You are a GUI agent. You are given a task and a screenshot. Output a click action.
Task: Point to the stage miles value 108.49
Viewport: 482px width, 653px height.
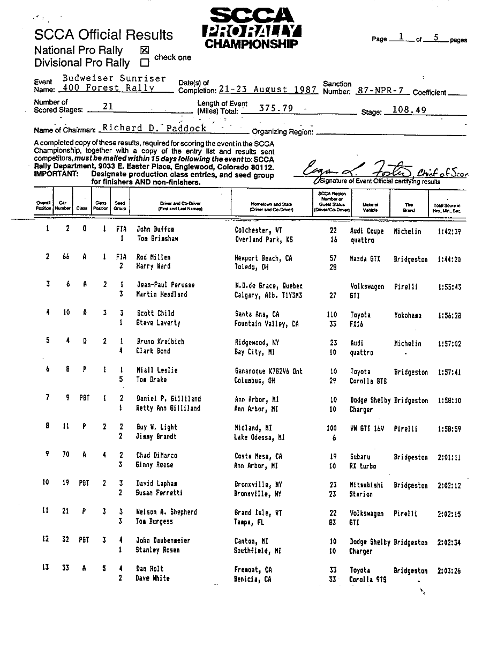[408, 109]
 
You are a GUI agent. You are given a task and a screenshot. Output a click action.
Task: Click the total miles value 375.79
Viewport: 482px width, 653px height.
[276, 108]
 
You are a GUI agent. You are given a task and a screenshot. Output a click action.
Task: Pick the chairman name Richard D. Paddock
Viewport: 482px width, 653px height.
[154, 128]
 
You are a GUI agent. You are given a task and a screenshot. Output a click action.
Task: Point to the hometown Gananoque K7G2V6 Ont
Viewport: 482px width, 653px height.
[268, 371]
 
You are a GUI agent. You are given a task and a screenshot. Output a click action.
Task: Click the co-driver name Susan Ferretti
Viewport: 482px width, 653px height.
[159, 493]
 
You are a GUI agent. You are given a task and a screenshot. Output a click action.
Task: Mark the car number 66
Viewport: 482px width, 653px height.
[66, 257]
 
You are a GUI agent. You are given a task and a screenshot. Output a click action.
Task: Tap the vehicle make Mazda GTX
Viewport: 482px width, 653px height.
[365, 258]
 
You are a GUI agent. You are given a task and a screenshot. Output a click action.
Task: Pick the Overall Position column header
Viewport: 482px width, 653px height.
[43, 206]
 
